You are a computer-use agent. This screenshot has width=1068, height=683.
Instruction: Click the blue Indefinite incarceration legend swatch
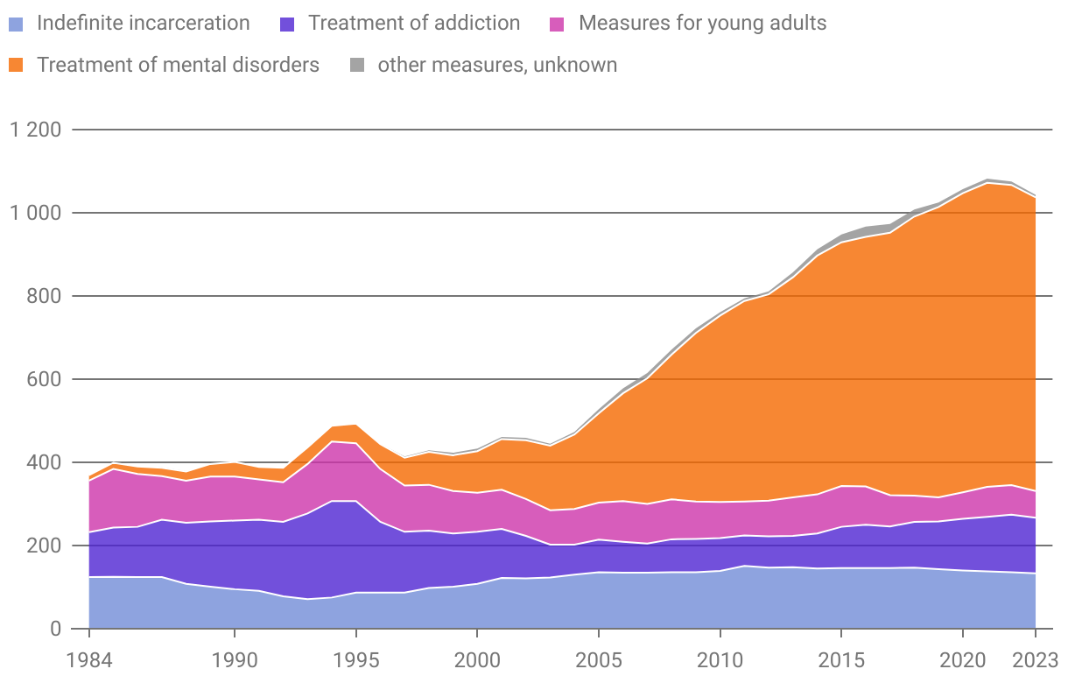17,24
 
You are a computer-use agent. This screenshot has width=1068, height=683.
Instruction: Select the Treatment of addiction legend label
413,24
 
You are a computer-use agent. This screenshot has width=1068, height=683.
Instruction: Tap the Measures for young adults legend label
702,24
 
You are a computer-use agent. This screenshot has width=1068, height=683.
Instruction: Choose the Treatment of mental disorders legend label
178,65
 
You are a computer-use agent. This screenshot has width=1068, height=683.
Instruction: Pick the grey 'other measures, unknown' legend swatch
358,65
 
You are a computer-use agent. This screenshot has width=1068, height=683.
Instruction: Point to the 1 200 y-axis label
36,130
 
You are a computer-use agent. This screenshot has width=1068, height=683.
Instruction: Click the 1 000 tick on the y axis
36,213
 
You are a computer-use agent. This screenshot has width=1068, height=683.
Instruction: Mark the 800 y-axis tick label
43,296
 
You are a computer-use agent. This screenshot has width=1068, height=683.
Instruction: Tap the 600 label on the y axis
43,379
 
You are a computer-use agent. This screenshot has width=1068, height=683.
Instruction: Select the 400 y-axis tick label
43,462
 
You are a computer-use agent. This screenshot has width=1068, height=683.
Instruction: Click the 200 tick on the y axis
43,546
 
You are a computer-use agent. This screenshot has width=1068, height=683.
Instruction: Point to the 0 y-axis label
55,629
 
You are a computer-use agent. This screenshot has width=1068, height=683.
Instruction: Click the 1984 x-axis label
89,657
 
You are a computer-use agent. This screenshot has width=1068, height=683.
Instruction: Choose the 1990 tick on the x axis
235,657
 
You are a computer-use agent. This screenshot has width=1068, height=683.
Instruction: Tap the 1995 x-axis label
355,657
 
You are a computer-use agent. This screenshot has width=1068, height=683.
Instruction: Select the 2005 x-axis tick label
598,657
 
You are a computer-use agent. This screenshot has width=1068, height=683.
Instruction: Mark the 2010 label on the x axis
720,657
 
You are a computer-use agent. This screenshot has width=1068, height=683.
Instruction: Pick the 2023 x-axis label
1035,657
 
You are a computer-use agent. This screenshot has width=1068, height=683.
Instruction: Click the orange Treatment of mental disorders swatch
17,65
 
